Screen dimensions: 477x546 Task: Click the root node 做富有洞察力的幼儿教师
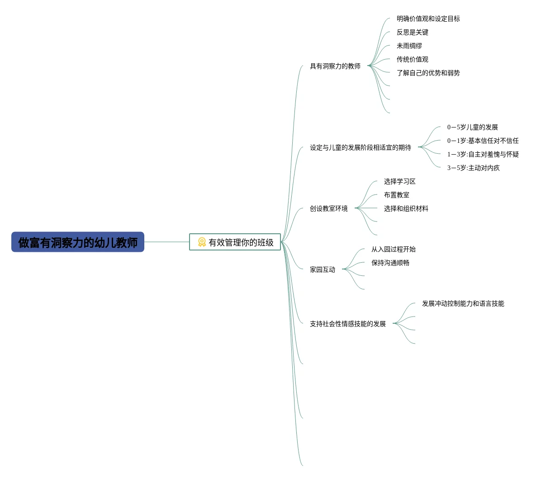point(78,242)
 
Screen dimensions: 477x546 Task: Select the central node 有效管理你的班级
point(241,242)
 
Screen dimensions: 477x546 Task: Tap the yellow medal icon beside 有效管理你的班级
point(202,242)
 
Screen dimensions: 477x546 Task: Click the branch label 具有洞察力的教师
point(335,66)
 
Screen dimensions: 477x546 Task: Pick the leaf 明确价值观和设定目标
point(428,19)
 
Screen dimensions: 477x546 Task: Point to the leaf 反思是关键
point(412,32)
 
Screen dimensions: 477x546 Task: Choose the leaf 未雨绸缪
point(409,46)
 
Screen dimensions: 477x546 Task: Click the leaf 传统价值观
point(412,59)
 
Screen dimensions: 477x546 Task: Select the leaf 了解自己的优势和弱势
point(428,73)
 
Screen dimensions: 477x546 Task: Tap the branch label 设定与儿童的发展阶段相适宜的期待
point(360,147)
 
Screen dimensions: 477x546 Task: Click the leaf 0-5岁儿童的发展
point(472,127)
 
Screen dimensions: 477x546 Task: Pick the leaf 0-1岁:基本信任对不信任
point(483,141)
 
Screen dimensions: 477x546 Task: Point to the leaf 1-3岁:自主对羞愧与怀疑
point(483,154)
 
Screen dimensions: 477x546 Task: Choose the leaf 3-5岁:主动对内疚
point(473,168)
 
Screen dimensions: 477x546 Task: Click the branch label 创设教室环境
point(328,208)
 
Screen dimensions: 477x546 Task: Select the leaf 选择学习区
point(399,181)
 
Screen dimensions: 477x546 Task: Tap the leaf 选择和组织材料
point(406,208)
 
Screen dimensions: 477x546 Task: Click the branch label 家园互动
point(322,269)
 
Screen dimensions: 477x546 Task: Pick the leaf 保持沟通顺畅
point(390,263)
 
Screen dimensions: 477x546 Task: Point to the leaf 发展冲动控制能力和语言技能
point(463,303)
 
